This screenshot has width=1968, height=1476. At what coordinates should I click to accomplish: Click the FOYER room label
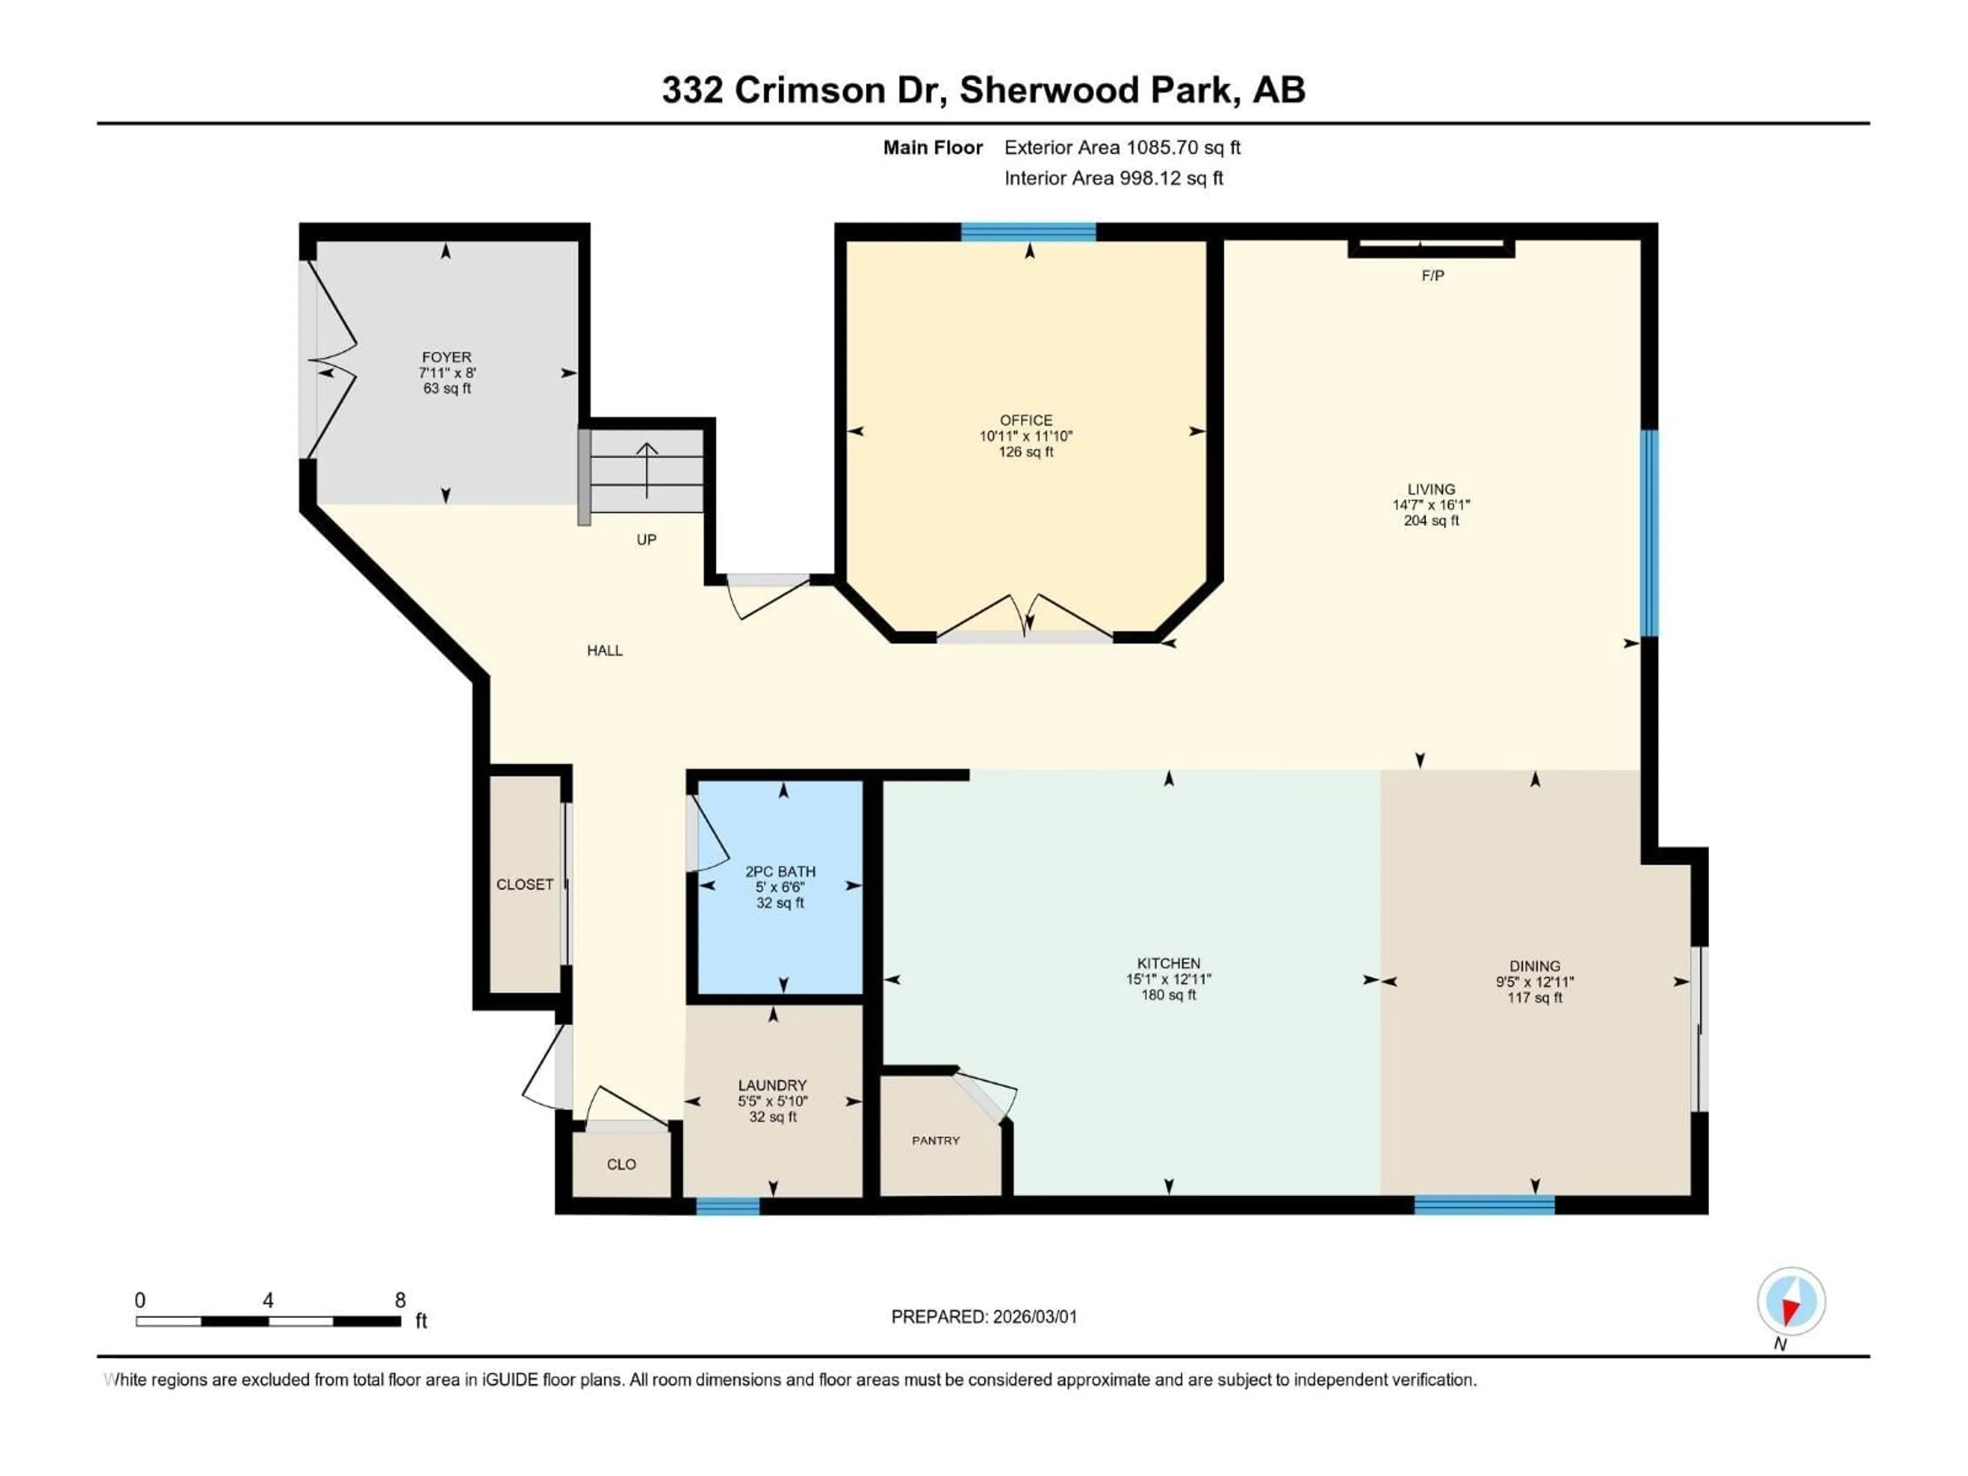(446, 357)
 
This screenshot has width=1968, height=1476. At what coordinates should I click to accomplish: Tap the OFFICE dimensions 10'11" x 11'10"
(1026, 436)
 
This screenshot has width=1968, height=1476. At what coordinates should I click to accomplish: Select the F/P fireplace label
(1432, 276)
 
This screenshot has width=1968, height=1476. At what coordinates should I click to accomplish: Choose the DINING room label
(1534, 966)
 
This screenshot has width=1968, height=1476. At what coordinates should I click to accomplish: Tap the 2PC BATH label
(780, 871)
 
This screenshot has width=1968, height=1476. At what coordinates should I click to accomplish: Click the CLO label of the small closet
(621, 1164)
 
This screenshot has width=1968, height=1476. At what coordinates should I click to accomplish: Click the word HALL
(604, 650)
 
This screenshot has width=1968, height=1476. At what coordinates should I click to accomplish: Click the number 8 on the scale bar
(400, 1300)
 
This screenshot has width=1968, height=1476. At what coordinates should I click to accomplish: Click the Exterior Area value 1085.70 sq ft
(1183, 148)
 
